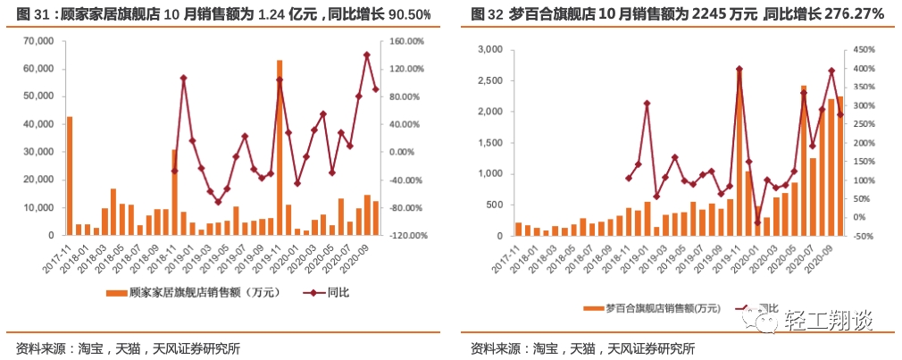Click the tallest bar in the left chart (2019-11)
click(x=280, y=147)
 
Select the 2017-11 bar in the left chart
click(x=70, y=176)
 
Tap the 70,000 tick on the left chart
click(x=38, y=41)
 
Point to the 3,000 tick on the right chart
click(x=488, y=50)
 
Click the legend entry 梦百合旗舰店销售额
click(x=660, y=308)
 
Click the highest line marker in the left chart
click(x=366, y=55)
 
